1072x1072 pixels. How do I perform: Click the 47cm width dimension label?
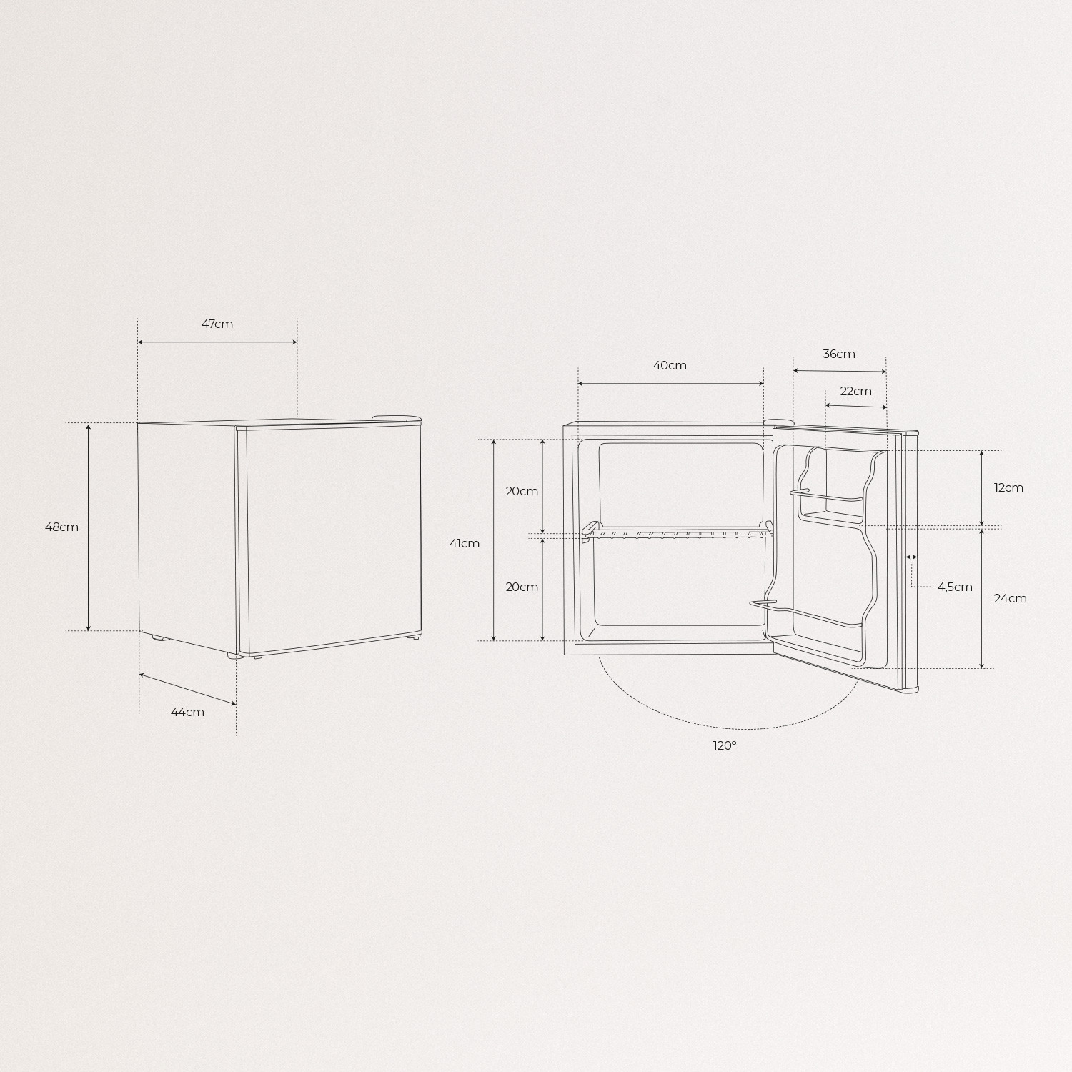217,324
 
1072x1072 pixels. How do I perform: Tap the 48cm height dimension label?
61,527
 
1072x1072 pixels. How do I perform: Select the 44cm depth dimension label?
187,712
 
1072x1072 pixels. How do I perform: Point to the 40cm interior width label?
670,365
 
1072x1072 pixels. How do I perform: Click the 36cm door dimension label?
838,354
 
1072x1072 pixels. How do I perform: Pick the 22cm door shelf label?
855,391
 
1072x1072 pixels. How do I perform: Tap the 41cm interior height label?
465,543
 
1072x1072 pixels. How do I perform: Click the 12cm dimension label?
1008,487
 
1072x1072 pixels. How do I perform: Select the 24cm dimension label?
1010,598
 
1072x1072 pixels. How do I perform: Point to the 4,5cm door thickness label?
955,587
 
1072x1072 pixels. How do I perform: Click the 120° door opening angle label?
724,745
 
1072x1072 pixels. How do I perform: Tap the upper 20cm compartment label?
522,491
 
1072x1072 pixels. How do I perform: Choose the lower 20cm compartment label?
522,587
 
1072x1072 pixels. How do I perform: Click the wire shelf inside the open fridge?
679,532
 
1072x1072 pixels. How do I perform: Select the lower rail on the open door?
808,613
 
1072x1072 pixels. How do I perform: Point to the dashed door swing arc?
729,728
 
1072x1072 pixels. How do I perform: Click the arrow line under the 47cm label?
217,342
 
